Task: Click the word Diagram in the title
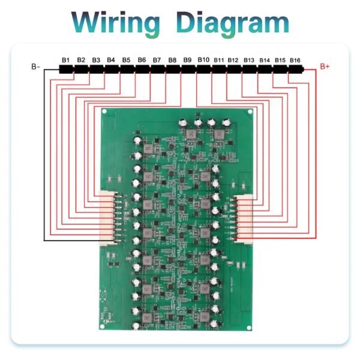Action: click(233, 23)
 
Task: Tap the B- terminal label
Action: click(36, 67)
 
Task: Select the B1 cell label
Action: click(65, 61)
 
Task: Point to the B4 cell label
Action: click(111, 61)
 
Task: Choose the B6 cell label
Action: click(142, 61)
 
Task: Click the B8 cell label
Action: click(172, 61)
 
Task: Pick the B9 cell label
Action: click(187, 61)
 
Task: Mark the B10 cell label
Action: click(203, 61)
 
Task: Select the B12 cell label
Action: click(233, 61)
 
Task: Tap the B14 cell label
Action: click(265, 61)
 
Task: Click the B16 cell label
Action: click(295, 61)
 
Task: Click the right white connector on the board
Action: click(245, 219)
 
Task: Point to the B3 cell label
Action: click(96, 61)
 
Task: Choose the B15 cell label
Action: click(280, 61)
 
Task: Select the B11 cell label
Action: click(218, 61)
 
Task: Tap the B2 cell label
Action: click(81, 61)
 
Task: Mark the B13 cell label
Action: click(249, 61)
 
